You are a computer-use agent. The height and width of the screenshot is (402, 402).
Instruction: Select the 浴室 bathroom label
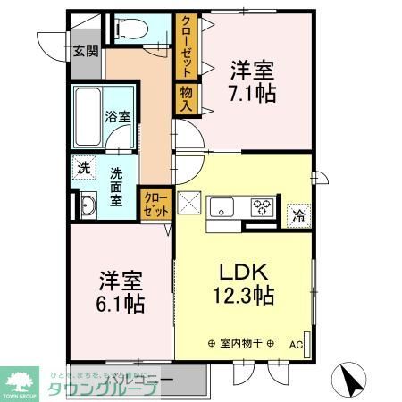tap(116, 116)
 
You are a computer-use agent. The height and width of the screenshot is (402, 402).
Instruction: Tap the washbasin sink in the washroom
tap(88, 206)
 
